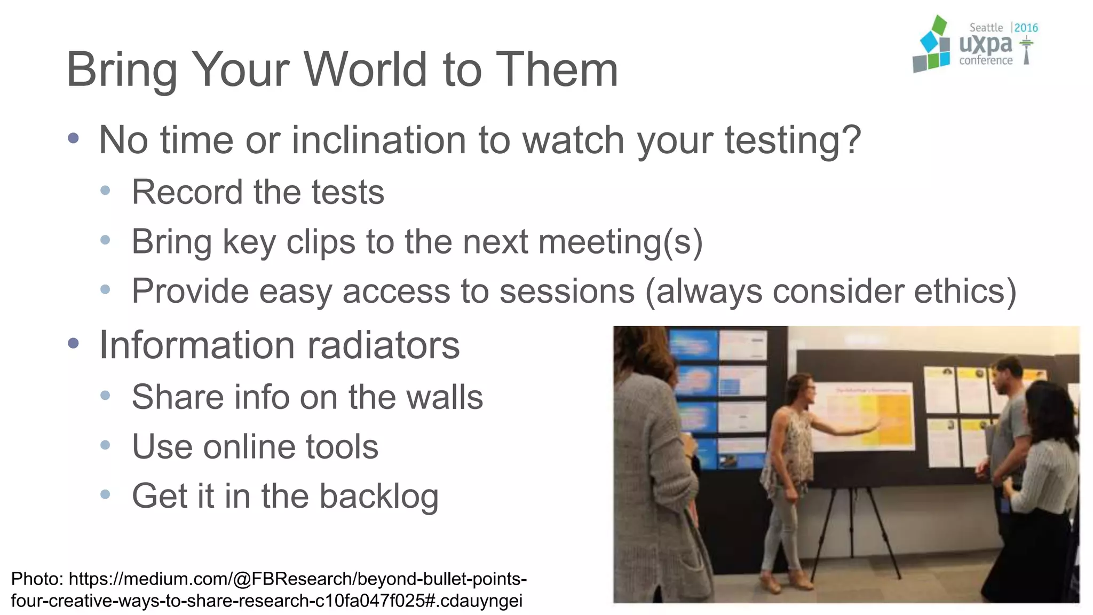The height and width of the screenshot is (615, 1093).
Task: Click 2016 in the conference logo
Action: [1026, 28]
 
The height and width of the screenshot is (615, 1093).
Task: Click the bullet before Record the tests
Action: [105, 191]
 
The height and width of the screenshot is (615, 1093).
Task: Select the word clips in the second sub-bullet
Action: [320, 242]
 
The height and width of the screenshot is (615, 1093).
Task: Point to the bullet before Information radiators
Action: [74, 343]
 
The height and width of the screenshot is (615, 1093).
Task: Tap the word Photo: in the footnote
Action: [37, 579]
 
